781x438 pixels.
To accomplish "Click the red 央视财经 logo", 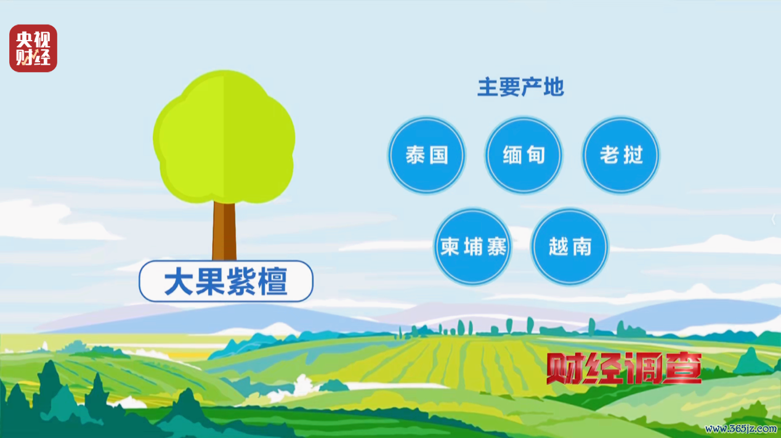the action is (x=33, y=48).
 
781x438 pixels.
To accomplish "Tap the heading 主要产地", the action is (x=520, y=87).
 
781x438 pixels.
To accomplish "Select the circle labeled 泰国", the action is (x=426, y=155).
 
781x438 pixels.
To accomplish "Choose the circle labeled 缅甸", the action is (x=524, y=155).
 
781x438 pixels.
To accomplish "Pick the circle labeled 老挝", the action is (x=621, y=155).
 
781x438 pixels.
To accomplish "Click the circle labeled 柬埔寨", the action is (x=473, y=246).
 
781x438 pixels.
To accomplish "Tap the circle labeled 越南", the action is (x=570, y=246).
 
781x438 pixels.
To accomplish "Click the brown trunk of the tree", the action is (x=224, y=231).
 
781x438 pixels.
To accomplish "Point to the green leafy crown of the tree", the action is (x=224, y=137).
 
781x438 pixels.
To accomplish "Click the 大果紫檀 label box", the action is (x=226, y=281).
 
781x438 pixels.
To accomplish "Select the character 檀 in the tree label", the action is (x=273, y=281).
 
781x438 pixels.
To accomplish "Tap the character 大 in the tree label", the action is (x=179, y=281).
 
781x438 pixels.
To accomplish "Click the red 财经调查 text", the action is (x=624, y=368).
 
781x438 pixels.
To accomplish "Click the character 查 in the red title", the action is (x=682, y=368).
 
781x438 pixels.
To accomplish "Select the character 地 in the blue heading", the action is (x=554, y=87).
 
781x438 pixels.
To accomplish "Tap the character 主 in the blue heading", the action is (x=487, y=87).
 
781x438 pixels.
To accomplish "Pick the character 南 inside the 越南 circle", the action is (x=581, y=246).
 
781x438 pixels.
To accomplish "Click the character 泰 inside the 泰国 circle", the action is (x=415, y=155).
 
